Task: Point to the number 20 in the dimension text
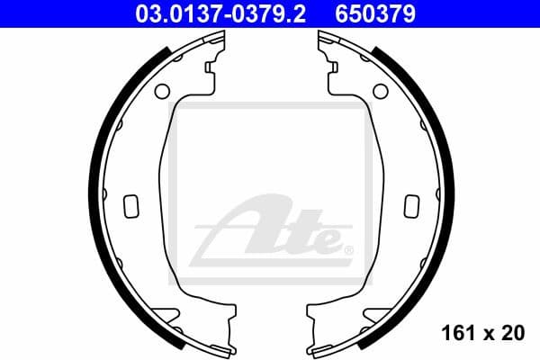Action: pyautogui.click(x=514, y=333)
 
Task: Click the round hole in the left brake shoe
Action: pyautogui.click(x=162, y=91)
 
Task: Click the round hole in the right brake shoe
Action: pyautogui.click(x=378, y=91)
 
